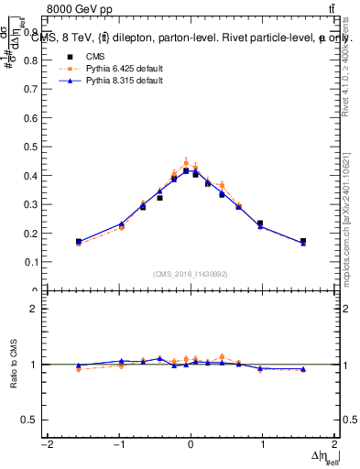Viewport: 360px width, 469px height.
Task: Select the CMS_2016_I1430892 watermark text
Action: (191, 274)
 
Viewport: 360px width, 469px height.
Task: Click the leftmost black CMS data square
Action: (79, 242)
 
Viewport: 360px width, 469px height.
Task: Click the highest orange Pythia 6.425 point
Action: (186, 162)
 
